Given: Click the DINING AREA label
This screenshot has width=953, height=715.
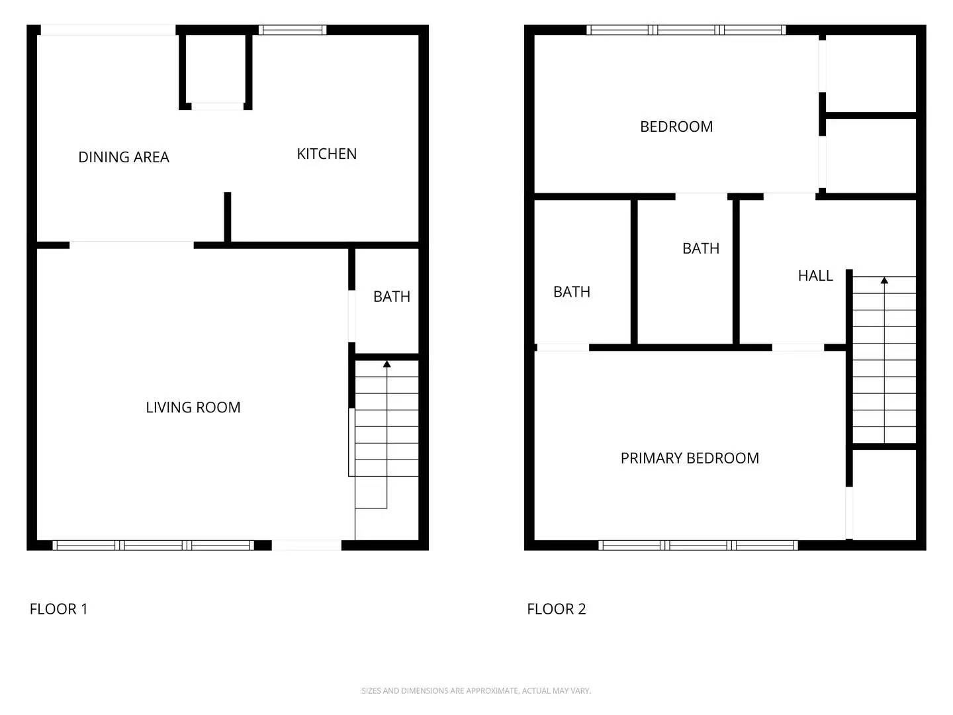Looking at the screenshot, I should click(x=124, y=158).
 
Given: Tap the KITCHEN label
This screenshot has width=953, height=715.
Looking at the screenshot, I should click(x=326, y=154).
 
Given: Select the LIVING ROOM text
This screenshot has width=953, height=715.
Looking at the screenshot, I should click(x=193, y=408).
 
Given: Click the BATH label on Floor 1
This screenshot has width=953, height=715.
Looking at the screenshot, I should click(x=391, y=297).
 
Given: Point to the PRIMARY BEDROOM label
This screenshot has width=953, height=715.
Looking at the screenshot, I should click(x=690, y=458).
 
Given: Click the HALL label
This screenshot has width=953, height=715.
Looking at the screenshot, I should click(x=815, y=276).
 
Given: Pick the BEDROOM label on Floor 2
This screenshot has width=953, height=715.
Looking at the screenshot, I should click(x=676, y=127).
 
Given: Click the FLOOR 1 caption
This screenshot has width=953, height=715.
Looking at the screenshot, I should click(x=58, y=609).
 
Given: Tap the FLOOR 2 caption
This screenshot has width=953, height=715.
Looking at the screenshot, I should click(x=556, y=609).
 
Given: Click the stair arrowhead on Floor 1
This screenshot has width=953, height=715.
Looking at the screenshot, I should click(x=386, y=363).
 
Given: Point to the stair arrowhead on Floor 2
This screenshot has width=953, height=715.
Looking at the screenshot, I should click(x=884, y=280).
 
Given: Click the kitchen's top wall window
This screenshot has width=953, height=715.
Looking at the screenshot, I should click(x=292, y=30).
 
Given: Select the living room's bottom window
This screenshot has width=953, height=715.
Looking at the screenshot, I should click(x=153, y=546).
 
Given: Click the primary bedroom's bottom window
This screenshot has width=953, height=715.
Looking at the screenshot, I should click(x=698, y=546).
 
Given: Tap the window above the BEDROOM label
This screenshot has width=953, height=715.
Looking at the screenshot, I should click(x=686, y=30).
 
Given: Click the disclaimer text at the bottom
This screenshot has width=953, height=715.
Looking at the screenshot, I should click(x=476, y=691).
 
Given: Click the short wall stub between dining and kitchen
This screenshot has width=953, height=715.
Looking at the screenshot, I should click(x=227, y=217).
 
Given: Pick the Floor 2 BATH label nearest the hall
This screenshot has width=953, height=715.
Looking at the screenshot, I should click(x=700, y=249).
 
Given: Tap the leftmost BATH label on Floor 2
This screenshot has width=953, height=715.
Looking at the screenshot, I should click(x=571, y=292).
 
